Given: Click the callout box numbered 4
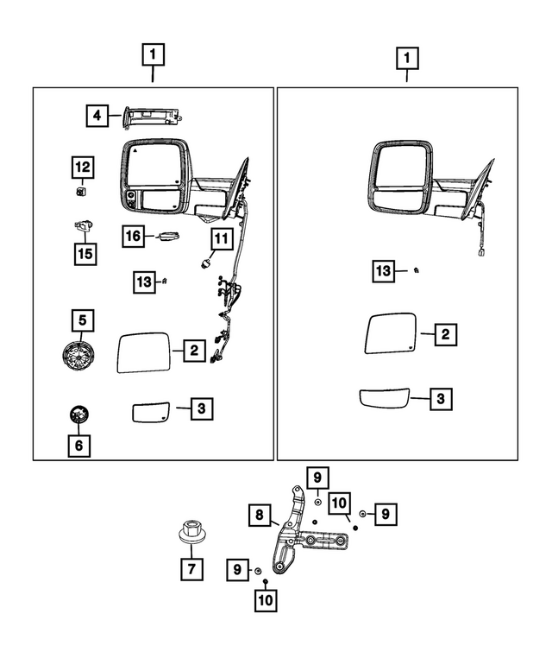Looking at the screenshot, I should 97,114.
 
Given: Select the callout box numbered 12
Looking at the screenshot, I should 82,166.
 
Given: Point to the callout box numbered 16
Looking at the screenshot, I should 133,235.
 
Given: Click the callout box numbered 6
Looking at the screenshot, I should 80,445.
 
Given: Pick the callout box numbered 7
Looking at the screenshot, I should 191,570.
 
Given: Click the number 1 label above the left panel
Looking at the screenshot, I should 153,57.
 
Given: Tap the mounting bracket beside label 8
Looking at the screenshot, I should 298,535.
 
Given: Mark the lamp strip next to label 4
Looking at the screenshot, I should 154,115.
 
